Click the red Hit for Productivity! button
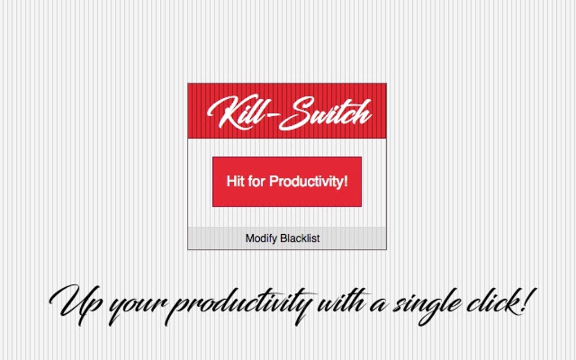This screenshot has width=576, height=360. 287,182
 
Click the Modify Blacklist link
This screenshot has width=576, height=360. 282,238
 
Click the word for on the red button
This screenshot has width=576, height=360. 257,182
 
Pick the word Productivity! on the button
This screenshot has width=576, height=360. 308,182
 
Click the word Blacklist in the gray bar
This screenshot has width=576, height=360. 300,238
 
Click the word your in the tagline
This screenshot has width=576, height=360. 136,308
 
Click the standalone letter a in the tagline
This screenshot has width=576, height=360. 377,308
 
